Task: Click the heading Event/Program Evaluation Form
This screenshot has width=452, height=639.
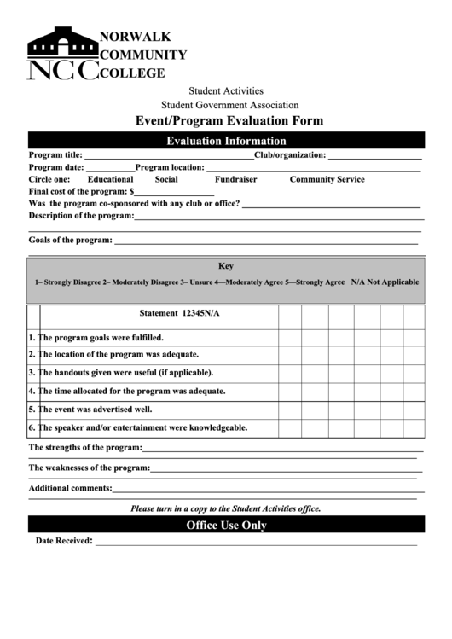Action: point(225,120)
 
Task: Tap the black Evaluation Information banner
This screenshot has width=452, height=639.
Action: point(226,141)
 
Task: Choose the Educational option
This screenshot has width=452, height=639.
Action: point(110,180)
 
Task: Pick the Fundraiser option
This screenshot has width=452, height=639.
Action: point(235,180)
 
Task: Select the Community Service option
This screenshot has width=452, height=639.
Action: point(327,180)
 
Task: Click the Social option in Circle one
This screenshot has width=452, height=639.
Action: point(166,180)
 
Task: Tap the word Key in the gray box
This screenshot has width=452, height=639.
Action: point(226,266)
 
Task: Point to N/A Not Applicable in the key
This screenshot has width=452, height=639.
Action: point(385,282)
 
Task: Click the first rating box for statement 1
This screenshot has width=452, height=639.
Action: point(290,338)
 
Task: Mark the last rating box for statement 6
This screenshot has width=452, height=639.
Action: point(414,427)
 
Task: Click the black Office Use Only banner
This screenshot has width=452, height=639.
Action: point(226,526)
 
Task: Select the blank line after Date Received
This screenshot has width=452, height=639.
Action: point(255,542)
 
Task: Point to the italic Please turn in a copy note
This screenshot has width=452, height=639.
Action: point(225,508)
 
